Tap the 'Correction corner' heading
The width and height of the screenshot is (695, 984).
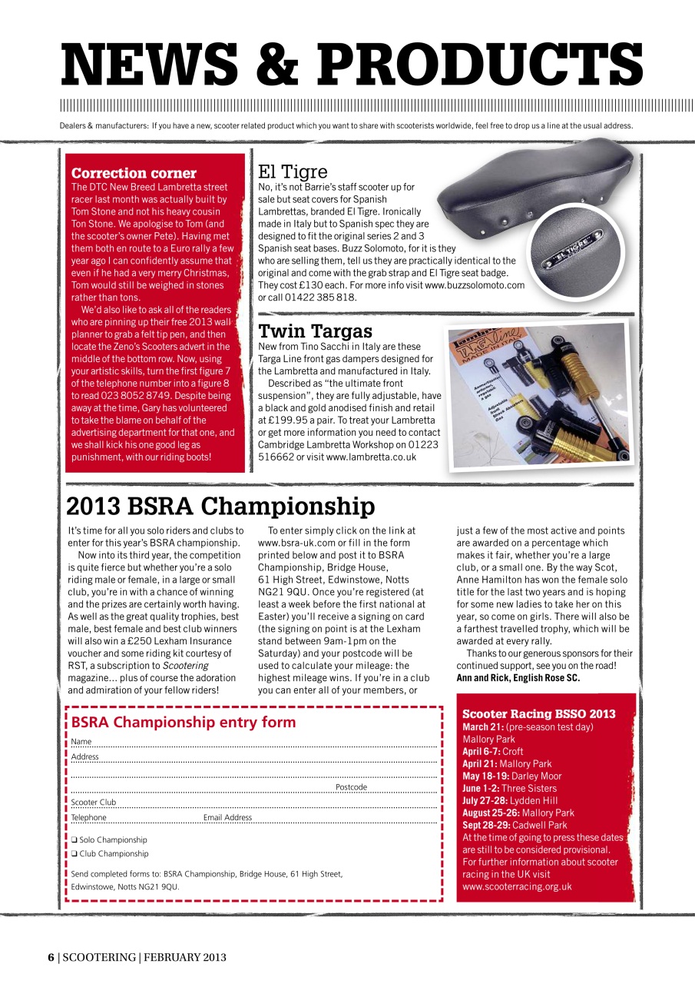coord(134,173)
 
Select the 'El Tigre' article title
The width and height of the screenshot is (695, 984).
coord(293,171)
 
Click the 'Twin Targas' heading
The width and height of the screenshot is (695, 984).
coord(315,331)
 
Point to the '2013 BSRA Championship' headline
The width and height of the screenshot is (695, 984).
coord(220,507)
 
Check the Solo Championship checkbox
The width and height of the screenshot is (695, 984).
coord(74,839)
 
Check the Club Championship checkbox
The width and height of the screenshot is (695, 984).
coord(74,853)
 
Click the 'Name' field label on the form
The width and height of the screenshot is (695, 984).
coord(81,742)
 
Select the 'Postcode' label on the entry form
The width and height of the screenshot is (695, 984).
coord(351,787)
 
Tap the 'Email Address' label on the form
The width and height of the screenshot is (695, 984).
coord(227,817)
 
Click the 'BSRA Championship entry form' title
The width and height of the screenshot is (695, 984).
coord(183,722)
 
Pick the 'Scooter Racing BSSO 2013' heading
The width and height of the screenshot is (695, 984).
coord(538,714)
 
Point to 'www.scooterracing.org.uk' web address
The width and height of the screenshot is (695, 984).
coord(517,886)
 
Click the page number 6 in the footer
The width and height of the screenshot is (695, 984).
coord(51,957)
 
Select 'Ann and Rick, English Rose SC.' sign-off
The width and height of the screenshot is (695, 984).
coord(518,677)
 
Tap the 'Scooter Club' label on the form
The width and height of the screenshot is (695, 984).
coord(94,803)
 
